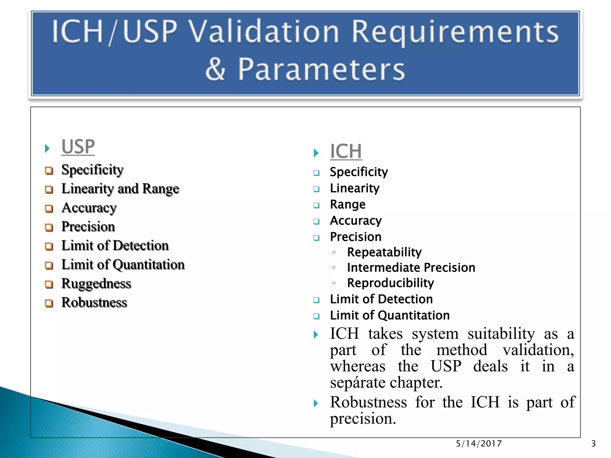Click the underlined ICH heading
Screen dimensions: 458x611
346,151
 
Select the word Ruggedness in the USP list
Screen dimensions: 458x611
96,284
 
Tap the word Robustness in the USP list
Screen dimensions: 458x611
94,302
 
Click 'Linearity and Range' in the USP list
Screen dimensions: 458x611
120,189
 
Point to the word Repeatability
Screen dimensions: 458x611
384,252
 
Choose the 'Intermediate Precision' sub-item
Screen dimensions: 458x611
411,267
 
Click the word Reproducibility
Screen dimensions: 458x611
390,283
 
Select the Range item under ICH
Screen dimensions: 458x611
348,205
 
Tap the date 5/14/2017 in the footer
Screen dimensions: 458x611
479,444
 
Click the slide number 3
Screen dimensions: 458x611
593,444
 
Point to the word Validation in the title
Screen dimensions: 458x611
264,31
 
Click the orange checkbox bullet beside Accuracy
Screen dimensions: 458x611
49,208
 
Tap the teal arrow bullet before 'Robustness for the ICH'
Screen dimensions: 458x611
316,403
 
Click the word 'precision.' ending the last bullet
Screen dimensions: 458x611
363,419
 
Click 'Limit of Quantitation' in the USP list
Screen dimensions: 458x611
123,265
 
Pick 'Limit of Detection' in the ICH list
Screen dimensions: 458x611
381,299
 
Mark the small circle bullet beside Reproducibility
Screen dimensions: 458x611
334,283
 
